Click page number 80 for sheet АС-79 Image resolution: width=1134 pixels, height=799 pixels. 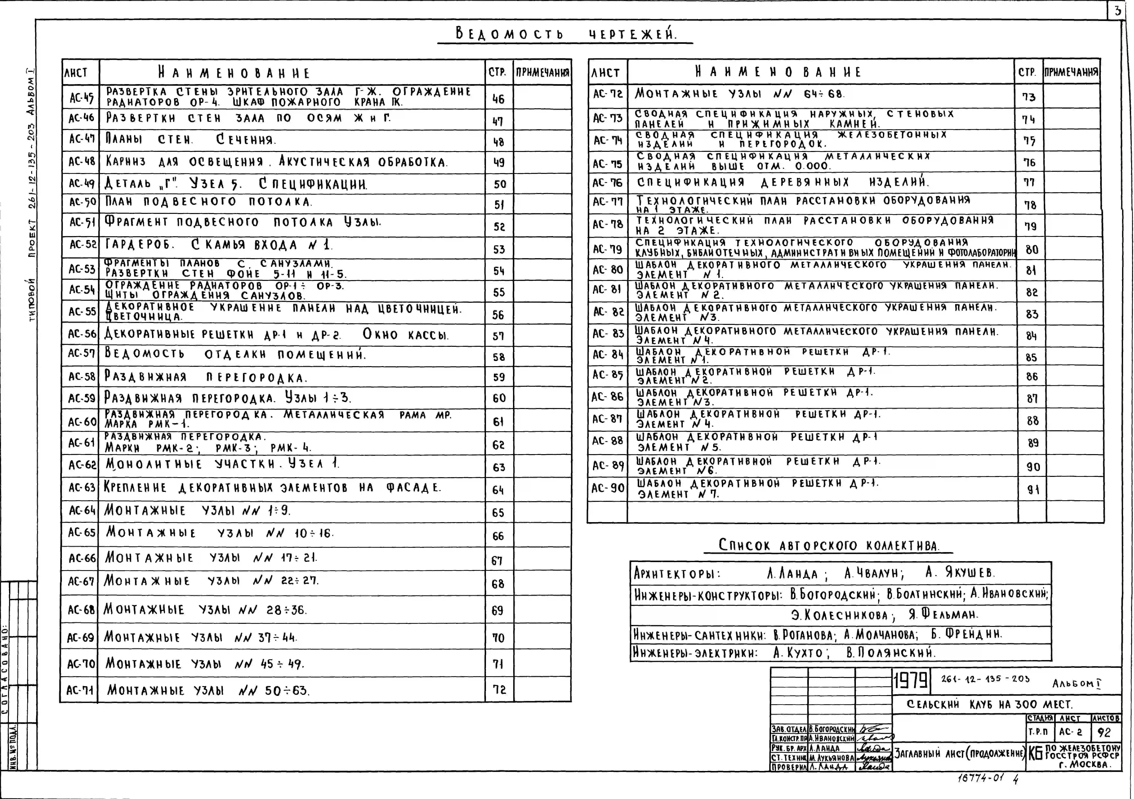click(1032, 249)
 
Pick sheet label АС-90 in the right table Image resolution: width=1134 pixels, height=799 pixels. click(607, 488)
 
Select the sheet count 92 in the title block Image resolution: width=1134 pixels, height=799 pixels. click(1104, 732)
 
